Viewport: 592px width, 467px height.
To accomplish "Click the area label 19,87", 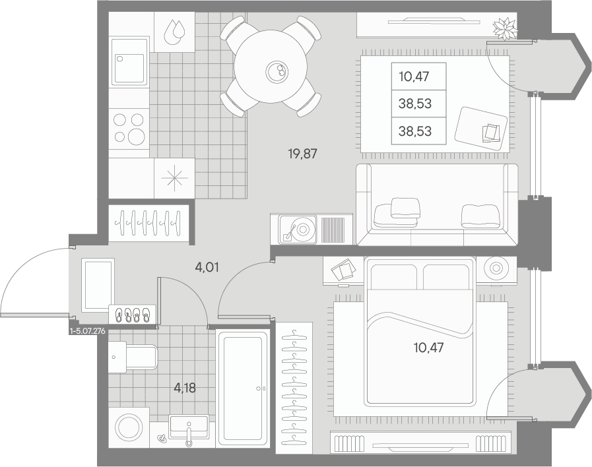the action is pyautogui.click(x=302, y=154).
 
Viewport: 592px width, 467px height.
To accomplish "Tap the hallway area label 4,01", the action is pyautogui.click(x=207, y=267).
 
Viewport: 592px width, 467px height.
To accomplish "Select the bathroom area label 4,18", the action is pyautogui.click(x=185, y=387).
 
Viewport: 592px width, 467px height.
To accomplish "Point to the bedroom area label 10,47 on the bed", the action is pyautogui.click(x=428, y=348).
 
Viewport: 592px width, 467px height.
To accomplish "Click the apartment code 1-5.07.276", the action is pyautogui.click(x=88, y=332).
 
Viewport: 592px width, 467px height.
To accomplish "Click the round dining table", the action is pyautogui.click(x=271, y=67).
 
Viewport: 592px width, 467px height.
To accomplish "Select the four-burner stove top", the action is pyautogui.click(x=129, y=129).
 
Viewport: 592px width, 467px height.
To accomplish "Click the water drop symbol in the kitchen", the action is pyautogui.click(x=174, y=32).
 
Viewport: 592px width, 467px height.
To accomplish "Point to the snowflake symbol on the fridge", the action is pyautogui.click(x=174, y=177).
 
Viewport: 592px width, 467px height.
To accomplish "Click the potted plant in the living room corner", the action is pyautogui.click(x=504, y=29).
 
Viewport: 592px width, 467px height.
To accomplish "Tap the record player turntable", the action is pyautogui.click(x=298, y=229).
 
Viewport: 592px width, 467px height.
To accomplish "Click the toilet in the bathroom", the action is pyautogui.click(x=132, y=357).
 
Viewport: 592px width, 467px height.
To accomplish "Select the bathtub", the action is pyautogui.click(x=242, y=389).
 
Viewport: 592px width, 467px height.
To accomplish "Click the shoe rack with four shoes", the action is pyautogui.click(x=132, y=315).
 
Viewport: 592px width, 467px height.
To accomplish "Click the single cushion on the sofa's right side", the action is pyautogui.click(x=481, y=216).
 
